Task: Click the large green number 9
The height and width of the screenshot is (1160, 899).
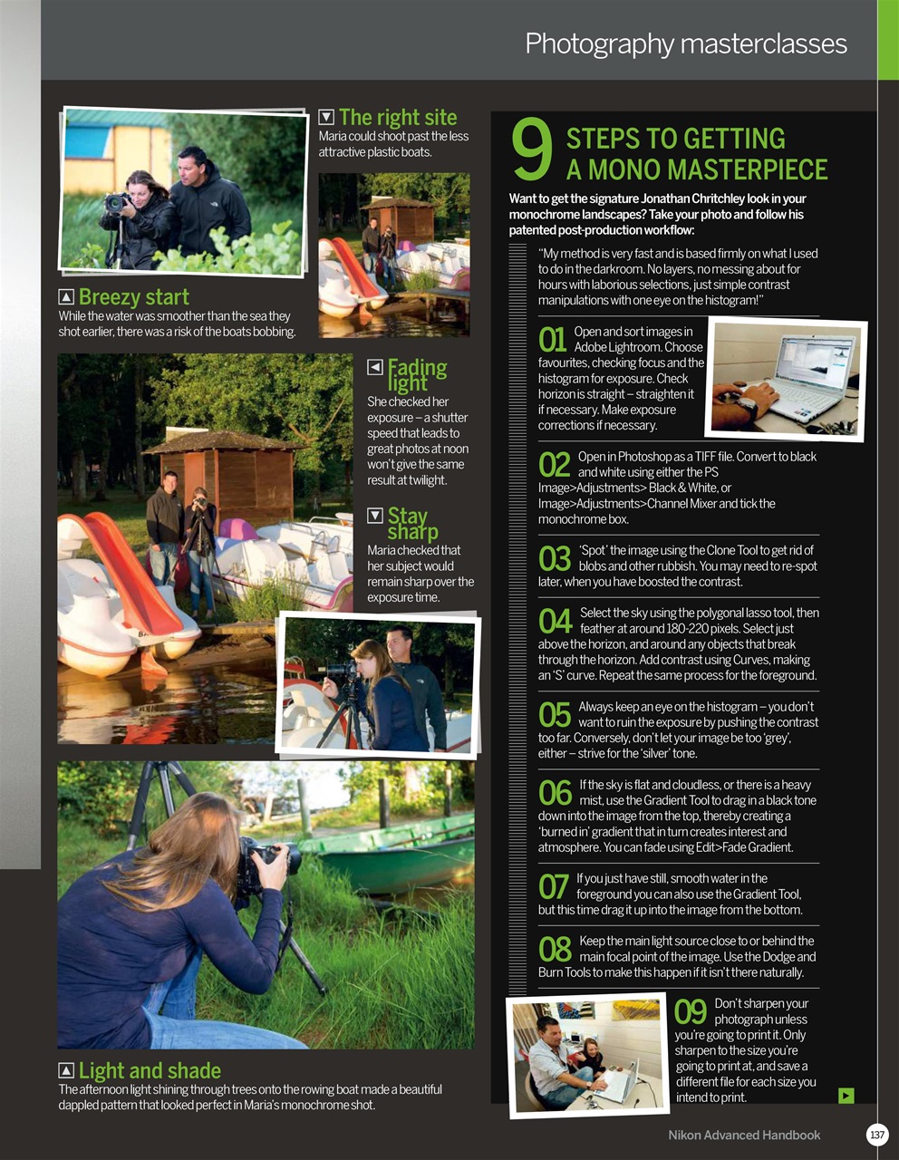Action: coord(532,150)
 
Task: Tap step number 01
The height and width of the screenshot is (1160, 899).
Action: coord(553,339)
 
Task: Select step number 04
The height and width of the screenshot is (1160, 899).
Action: coord(556,621)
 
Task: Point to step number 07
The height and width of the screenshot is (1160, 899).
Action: coord(554,886)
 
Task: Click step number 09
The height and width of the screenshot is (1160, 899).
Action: coord(691,1011)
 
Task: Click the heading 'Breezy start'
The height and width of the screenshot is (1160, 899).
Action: coord(133,297)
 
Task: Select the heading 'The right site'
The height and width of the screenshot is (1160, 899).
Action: coord(398,117)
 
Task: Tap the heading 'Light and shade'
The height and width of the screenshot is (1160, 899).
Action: coord(150,1070)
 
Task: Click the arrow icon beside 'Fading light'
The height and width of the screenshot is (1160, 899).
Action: coord(375,367)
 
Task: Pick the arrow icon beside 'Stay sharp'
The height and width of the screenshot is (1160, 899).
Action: coord(375,516)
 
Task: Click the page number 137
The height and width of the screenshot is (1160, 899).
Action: coord(876,1135)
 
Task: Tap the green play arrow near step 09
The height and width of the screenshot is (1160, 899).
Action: coord(846,1096)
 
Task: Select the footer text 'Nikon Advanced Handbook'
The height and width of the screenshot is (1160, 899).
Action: coord(744,1135)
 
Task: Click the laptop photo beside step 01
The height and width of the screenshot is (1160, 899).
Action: coord(787,378)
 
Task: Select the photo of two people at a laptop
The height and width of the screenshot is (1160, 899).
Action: coord(587,1053)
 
